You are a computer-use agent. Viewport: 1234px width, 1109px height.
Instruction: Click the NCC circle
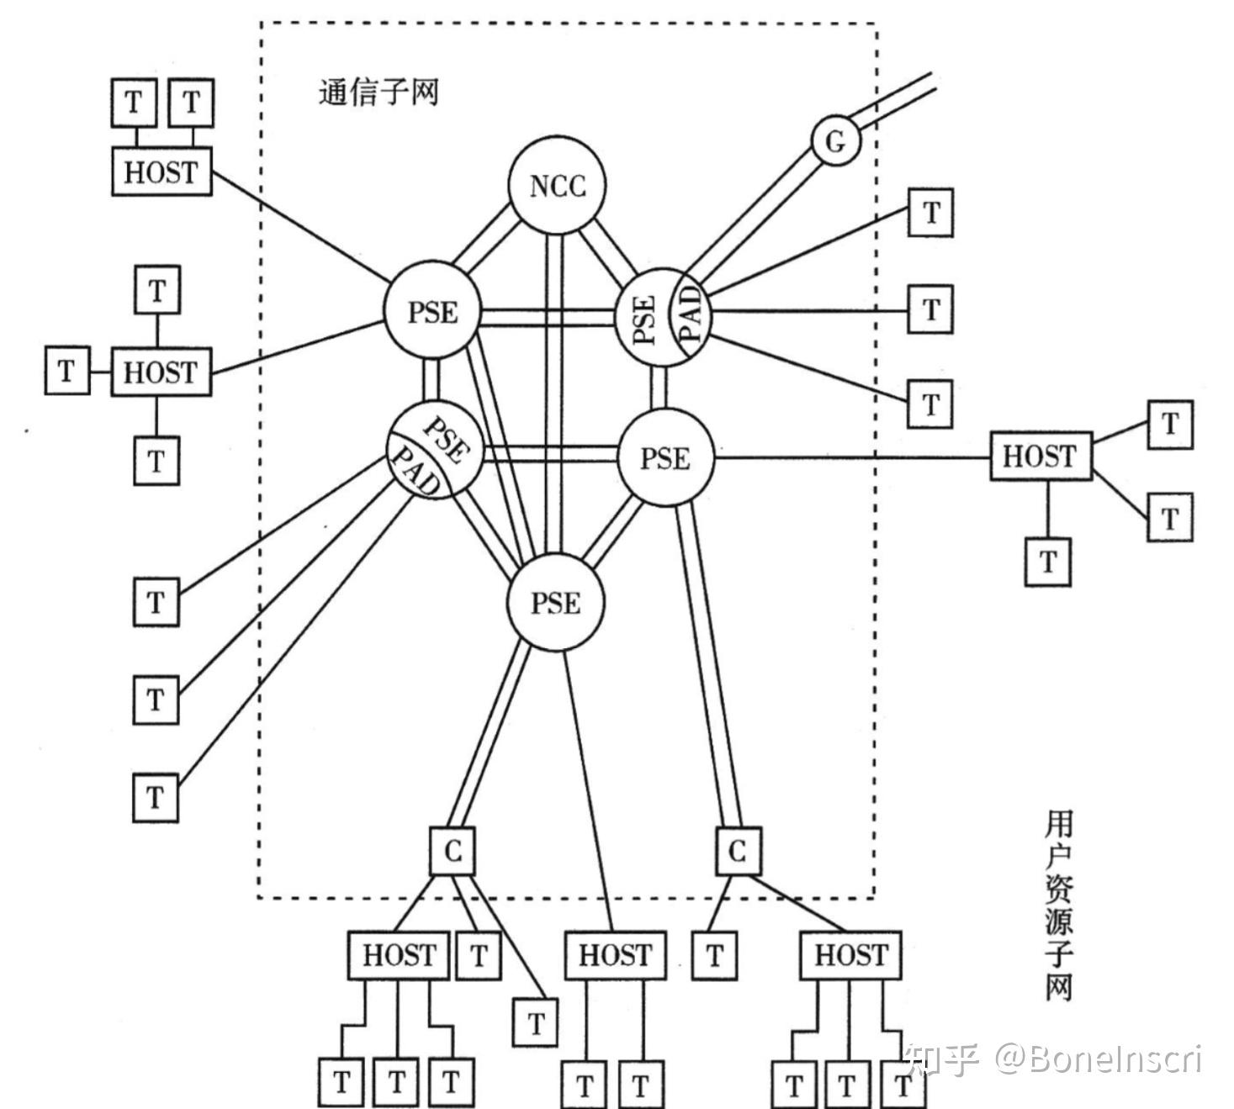tap(557, 185)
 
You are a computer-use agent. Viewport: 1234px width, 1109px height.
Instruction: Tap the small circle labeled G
tap(835, 141)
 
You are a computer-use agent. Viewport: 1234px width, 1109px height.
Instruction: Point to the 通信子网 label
tap(379, 92)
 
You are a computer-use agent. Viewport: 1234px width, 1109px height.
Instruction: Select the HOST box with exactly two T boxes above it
tap(162, 172)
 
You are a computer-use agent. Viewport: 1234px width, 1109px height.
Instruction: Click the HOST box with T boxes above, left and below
tap(161, 372)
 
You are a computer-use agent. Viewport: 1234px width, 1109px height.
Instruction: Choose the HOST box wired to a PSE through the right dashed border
tap(1041, 457)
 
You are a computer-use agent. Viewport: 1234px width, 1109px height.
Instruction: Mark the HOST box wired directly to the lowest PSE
tap(615, 955)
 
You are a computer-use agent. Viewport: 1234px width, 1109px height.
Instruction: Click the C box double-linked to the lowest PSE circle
tap(453, 852)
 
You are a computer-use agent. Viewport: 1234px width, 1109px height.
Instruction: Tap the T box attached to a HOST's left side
tap(66, 371)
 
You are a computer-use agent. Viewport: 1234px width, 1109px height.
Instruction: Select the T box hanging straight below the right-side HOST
tap(1047, 562)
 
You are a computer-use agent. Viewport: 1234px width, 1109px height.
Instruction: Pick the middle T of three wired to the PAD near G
tap(930, 309)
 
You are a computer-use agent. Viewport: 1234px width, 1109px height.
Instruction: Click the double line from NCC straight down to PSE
tap(554, 395)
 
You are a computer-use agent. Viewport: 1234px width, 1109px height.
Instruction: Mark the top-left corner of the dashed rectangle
tap(261, 24)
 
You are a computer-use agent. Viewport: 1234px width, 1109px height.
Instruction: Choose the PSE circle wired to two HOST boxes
tap(432, 312)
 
